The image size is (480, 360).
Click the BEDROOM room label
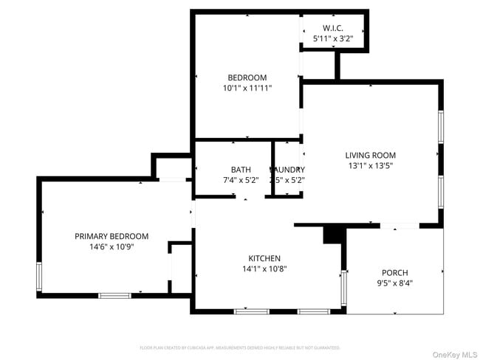[247, 77]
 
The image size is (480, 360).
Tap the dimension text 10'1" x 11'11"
[247, 88]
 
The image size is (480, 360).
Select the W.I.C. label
[333, 28]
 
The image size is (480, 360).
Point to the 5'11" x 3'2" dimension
[333, 38]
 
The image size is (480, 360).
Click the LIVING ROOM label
[371, 155]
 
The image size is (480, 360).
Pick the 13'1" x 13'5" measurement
[371, 165]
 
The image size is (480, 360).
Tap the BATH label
[241, 169]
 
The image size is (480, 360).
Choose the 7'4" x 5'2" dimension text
[241, 179]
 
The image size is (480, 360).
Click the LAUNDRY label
[287, 169]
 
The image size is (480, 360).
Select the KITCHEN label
[264, 258]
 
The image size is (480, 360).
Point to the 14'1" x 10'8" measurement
[264, 269]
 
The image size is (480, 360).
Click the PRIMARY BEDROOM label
[112, 236]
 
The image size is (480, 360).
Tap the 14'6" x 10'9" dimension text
[112, 246]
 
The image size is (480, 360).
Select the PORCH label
[394, 272]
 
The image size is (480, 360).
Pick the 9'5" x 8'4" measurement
[394, 283]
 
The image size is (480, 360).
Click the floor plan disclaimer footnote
[240, 347]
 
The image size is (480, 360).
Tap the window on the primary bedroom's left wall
[40, 276]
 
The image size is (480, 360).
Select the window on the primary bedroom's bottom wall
[114, 296]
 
